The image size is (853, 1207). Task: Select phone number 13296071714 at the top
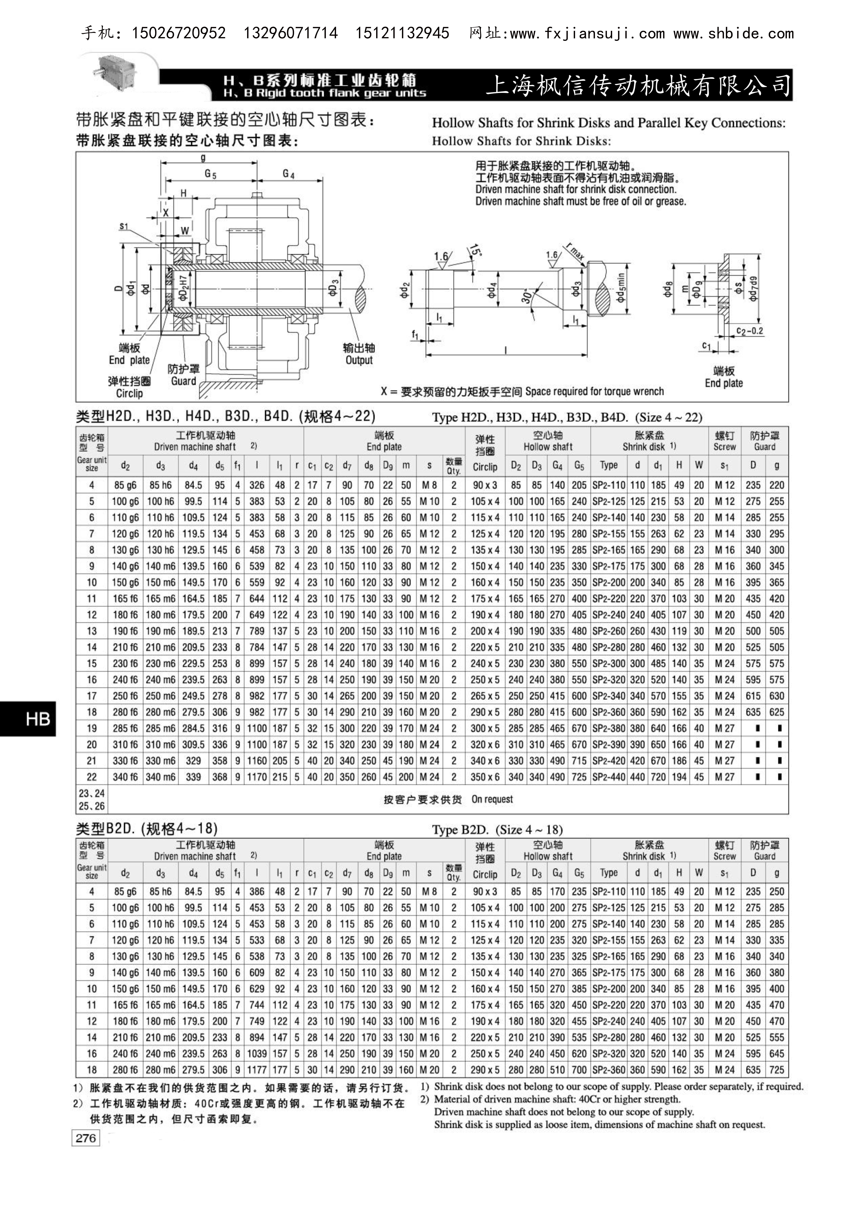pos(291,34)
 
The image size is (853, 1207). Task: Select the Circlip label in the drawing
pos(129,393)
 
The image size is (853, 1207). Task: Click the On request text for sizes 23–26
pos(492,799)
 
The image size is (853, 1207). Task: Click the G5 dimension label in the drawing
pos(210,175)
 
